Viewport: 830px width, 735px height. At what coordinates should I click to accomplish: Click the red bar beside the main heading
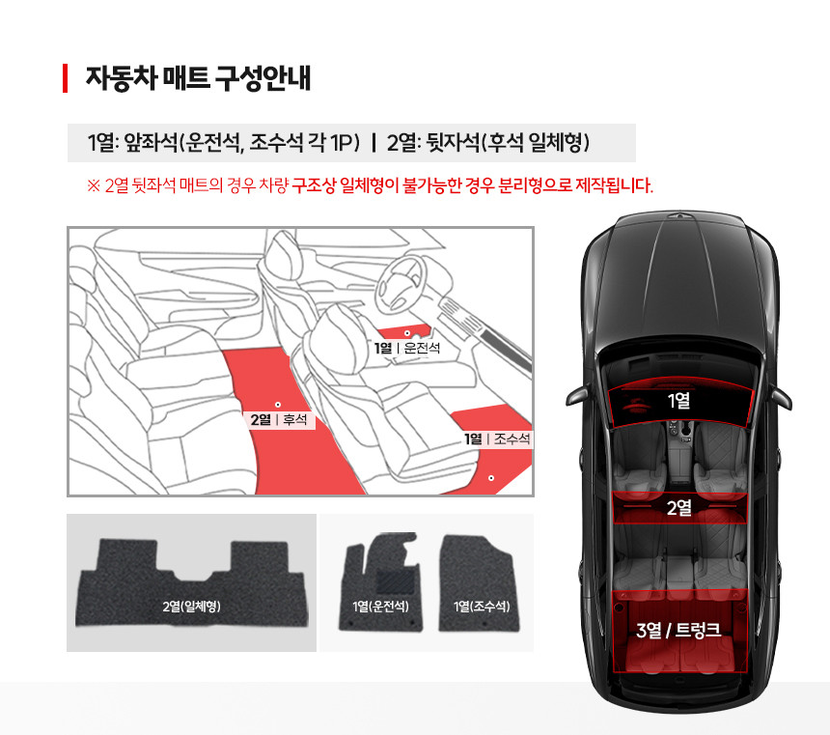coord(65,78)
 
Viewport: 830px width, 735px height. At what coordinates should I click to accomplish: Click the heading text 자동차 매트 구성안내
coord(198,78)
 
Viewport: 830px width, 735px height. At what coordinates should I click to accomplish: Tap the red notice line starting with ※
coord(370,185)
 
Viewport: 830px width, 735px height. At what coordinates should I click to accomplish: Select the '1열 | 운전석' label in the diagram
coord(407,348)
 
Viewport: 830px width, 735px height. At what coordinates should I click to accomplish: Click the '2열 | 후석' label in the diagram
coord(279,420)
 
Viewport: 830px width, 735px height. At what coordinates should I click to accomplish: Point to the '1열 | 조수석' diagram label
coord(497,438)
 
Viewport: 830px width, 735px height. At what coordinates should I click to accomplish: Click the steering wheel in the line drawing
coord(401,284)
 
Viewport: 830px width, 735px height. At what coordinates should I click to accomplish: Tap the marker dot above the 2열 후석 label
coord(278,405)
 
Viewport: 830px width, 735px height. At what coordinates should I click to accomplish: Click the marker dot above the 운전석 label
coord(407,333)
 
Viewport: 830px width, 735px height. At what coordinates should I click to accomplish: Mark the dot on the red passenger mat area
coord(491,478)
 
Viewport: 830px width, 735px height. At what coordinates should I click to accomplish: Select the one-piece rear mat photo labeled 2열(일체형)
coord(191,583)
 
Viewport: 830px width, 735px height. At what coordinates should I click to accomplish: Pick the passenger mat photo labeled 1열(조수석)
coord(479,583)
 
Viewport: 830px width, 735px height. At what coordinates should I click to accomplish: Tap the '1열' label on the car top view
coord(678,401)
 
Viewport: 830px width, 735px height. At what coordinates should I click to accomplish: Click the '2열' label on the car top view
coord(678,508)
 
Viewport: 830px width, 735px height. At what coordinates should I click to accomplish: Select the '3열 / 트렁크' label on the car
coord(678,630)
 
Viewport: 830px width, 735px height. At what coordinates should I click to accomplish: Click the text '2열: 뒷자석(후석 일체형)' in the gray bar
coord(488,143)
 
